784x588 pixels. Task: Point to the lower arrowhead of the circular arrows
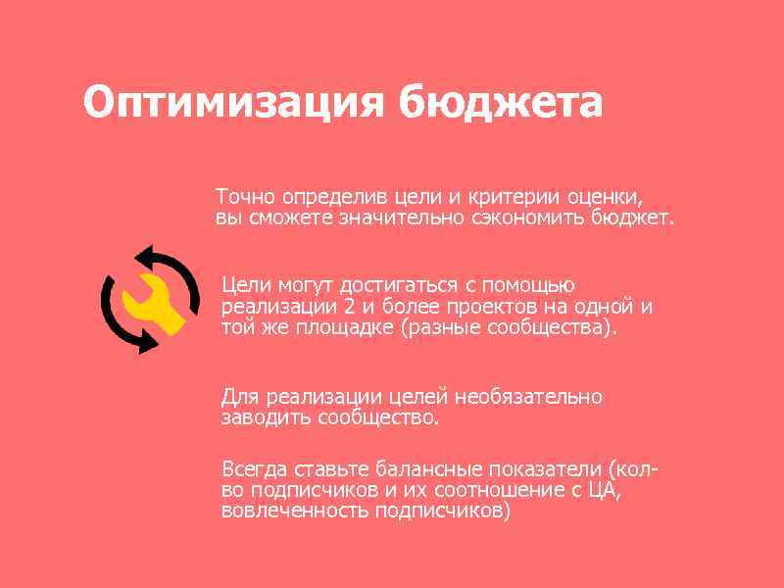[147, 344]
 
